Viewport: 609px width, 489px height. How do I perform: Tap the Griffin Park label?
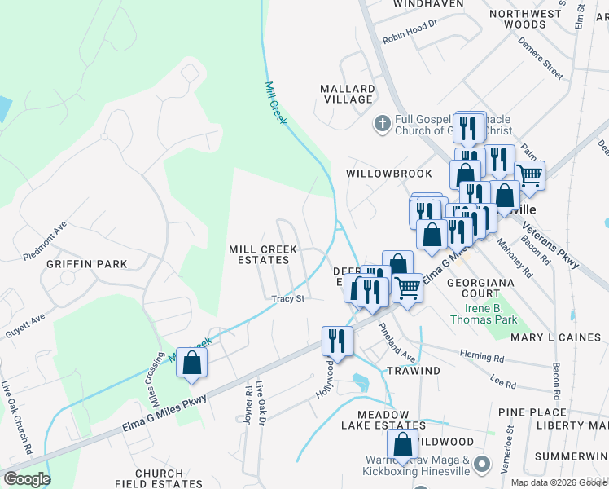[99, 264]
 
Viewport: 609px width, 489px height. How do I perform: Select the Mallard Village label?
[347, 94]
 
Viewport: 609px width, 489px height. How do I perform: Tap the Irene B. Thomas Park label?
[491, 314]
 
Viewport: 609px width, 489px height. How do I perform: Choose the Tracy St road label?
[288, 299]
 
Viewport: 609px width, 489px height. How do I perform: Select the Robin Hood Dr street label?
[410, 38]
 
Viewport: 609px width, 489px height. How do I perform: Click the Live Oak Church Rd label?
[18, 419]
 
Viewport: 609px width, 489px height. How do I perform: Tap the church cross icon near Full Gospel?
[382, 125]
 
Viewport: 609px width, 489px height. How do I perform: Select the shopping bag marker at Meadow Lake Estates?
[403, 444]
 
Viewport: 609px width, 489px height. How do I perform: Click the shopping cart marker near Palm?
[529, 174]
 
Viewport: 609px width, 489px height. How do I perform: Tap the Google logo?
[27, 479]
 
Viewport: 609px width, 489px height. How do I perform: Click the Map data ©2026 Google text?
[558, 482]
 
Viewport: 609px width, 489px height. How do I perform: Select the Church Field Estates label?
[159, 478]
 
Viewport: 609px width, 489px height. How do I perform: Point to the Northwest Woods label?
[526, 19]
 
